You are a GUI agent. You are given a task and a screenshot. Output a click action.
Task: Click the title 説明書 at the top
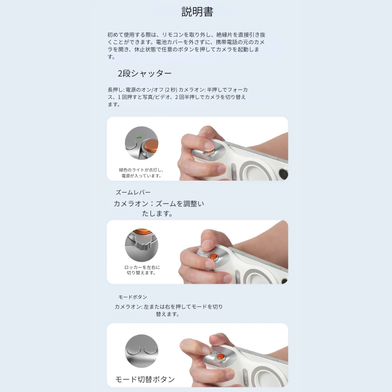197,12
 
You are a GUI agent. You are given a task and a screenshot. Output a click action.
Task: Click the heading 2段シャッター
145,73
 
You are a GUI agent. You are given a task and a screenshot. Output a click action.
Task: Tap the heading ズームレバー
133,192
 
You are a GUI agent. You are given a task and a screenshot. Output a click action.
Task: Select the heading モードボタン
132,297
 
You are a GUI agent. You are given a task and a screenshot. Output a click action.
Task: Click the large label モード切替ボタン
145,379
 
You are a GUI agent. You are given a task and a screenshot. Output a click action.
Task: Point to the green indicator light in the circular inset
139,137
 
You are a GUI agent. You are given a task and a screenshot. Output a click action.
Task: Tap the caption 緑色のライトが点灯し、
141,170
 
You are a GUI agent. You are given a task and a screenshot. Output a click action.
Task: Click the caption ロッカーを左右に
142,267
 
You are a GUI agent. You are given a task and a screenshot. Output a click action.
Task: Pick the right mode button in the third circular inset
150,350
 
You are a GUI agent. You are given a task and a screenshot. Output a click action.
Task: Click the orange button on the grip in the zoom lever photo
213,256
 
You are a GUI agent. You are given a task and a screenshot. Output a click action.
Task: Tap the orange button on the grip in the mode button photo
220,356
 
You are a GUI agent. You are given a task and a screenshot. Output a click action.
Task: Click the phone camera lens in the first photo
283,173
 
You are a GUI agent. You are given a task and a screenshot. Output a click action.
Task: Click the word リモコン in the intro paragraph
172,35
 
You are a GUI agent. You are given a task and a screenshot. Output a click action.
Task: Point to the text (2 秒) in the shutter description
171,90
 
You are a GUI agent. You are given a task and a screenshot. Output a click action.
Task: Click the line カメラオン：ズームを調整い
159,204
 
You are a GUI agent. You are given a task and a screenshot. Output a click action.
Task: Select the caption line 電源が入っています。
142,176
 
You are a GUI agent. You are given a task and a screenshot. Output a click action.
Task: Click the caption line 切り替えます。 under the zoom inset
142,273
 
